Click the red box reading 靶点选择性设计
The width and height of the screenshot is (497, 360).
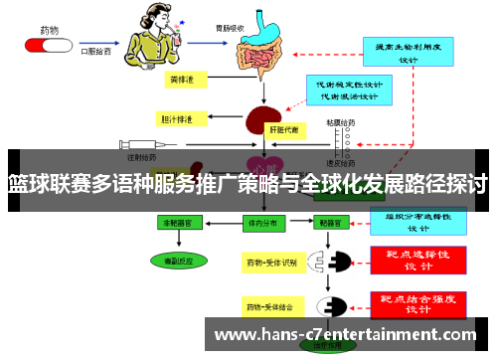[x=418, y=260]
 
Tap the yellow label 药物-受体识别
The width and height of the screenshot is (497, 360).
[x=271, y=263]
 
